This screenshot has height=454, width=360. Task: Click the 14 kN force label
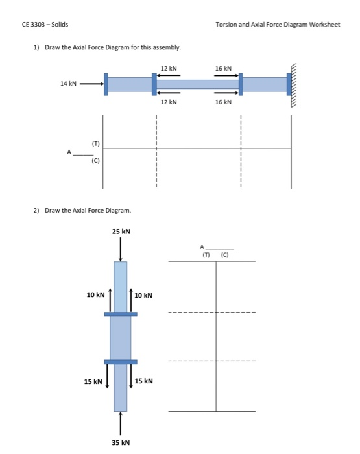click(68, 84)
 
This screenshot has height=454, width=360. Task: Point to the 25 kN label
click(121, 232)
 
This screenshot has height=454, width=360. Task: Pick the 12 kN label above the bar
click(169, 68)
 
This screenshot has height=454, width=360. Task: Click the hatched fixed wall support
click(295, 84)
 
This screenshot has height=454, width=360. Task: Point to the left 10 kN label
click(95, 295)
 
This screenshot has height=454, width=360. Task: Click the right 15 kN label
click(144, 381)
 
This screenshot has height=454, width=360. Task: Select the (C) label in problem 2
click(224, 254)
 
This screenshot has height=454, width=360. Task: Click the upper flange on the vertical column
click(121, 314)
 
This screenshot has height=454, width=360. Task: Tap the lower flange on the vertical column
click(121, 362)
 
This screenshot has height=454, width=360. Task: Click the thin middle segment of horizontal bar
click(197, 84)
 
